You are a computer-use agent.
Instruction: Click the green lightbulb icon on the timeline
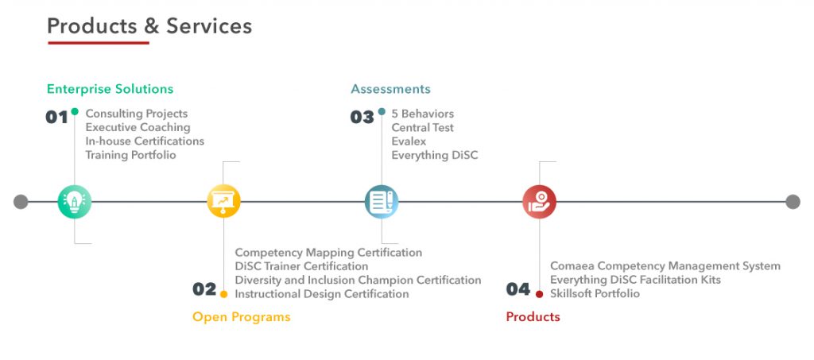tap(74, 202)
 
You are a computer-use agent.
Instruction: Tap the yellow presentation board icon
tap(223, 201)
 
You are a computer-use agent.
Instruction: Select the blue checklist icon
tap(382, 201)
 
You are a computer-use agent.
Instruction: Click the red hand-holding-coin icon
tap(540, 201)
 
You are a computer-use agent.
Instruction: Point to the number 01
tap(56, 118)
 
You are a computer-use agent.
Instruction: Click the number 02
tap(204, 289)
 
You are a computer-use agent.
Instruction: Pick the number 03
tap(362, 118)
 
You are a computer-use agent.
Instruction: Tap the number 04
tap(518, 289)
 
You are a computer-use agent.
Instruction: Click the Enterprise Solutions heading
tap(110, 89)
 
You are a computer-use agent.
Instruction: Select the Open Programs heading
tap(242, 317)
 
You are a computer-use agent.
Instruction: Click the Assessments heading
tap(390, 89)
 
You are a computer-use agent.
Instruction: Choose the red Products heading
tap(533, 317)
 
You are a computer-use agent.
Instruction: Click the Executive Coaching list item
tap(138, 128)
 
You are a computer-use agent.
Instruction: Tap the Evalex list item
tap(409, 141)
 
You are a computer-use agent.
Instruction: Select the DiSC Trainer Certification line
tap(301, 266)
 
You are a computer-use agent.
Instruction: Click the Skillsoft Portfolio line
tap(595, 293)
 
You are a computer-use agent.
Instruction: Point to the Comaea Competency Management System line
tap(665, 266)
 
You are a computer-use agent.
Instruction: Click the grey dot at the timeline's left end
tap(21, 202)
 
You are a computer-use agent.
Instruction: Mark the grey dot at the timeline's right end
tap(793, 202)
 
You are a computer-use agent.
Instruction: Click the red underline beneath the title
tap(99, 43)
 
